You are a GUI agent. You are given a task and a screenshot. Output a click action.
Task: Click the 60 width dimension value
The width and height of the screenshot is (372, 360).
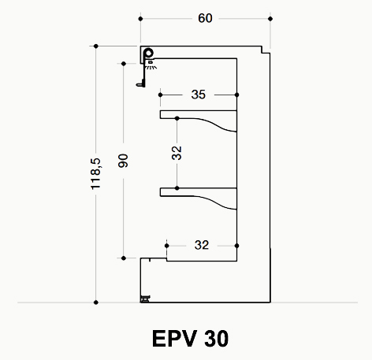[205, 18]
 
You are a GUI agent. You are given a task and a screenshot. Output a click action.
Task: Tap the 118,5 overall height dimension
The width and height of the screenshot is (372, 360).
[95, 174]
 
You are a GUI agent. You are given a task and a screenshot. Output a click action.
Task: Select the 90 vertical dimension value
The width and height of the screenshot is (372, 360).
[123, 161]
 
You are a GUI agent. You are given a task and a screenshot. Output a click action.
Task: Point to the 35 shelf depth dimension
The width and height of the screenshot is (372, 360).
[199, 95]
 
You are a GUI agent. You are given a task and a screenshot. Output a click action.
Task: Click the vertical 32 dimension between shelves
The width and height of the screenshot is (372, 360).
[177, 153]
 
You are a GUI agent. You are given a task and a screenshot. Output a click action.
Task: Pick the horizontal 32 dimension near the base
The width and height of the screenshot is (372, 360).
[202, 245]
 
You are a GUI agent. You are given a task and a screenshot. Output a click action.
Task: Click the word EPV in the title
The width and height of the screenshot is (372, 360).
[175, 339]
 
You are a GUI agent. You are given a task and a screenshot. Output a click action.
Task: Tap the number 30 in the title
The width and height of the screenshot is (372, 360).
[216, 339]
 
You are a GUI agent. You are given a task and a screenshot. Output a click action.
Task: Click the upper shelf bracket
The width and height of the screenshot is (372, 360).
[199, 121]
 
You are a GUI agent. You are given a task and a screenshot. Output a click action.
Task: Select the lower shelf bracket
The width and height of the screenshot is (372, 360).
[199, 199]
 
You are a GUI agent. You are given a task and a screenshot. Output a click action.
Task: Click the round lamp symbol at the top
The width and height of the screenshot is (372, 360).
[149, 54]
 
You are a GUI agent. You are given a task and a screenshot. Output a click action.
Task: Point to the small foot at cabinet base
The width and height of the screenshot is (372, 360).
[145, 299]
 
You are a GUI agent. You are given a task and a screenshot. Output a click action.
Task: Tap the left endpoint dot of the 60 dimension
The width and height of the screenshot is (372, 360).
[140, 19]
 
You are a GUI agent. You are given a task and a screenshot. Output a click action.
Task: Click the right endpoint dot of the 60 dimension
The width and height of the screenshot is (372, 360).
[270, 19]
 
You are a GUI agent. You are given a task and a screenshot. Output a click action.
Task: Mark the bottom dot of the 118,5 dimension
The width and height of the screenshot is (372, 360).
[96, 302]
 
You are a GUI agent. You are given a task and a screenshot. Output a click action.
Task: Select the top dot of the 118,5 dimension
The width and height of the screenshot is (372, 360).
[96, 46]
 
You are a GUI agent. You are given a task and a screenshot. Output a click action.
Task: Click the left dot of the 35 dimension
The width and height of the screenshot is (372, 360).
[161, 95]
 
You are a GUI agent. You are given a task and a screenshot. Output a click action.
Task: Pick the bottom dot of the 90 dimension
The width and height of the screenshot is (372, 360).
[124, 258]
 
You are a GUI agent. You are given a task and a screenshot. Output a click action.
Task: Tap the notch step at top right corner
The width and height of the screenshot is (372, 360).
[266, 50]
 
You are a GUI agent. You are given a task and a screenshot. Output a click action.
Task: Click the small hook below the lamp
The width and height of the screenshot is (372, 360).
[141, 84]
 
